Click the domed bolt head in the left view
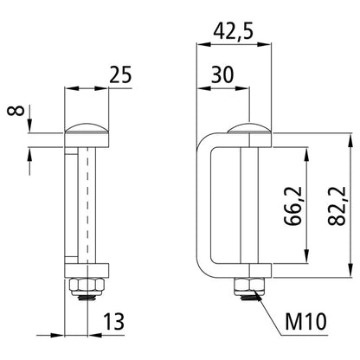click(87, 125)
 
